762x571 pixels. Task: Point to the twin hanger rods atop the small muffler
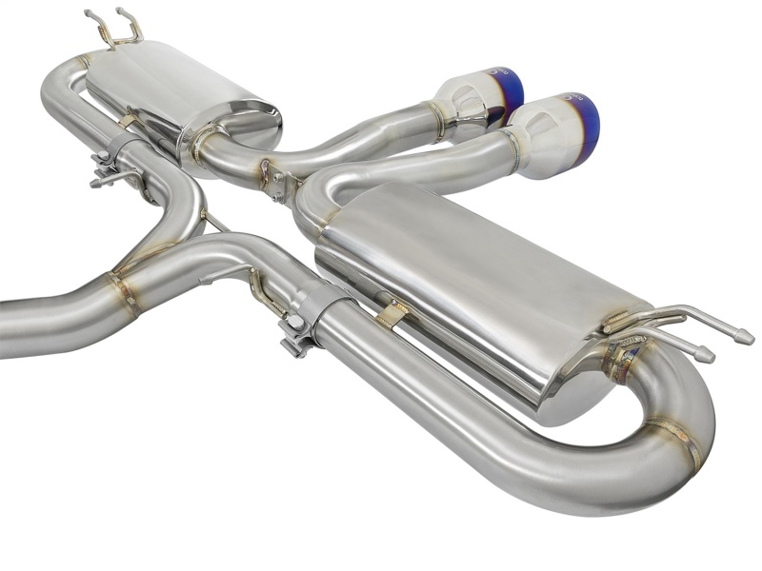(x=114, y=29)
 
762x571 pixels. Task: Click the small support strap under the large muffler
(x=391, y=314)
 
